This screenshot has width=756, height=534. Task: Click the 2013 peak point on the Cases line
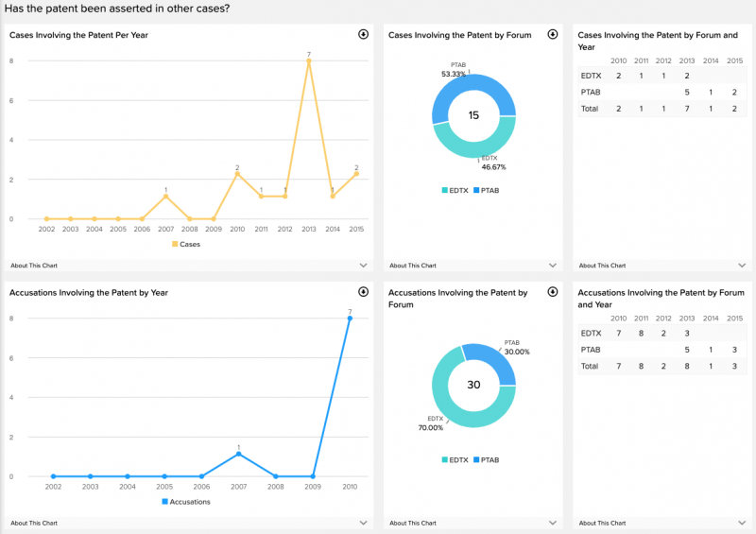(x=309, y=61)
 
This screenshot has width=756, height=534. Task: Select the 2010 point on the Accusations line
(x=350, y=319)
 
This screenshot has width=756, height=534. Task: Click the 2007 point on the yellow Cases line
(x=165, y=197)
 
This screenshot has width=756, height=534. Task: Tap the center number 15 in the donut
(x=473, y=115)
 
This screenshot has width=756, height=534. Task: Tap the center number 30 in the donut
(x=473, y=385)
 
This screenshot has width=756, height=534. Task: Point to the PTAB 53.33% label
(x=453, y=70)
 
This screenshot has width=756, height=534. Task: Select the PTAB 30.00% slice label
(x=516, y=347)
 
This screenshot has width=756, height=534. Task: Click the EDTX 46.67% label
(x=493, y=163)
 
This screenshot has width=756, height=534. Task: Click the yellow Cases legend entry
(x=186, y=244)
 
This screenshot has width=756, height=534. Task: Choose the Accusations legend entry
(x=186, y=501)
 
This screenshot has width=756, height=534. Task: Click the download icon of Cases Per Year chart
(x=363, y=34)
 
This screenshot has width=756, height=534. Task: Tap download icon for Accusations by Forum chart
(x=552, y=292)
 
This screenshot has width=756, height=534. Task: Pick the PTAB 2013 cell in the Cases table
(x=686, y=92)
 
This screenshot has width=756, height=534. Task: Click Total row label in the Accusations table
(x=590, y=366)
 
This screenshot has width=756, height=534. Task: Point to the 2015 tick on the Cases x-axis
(x=356, y=230)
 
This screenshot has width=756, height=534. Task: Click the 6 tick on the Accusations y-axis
(x=11, y=358)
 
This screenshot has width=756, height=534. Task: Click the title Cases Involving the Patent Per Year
(x=78, y=35)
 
